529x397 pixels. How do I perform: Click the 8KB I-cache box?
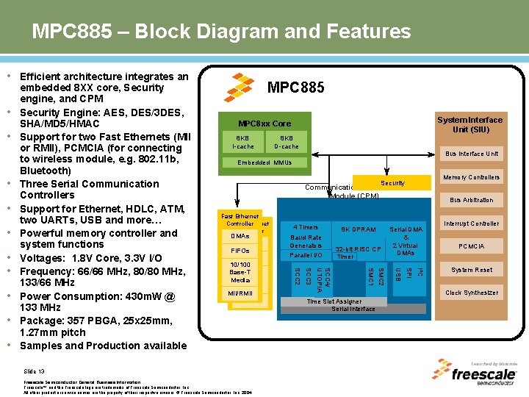tap(242, 142)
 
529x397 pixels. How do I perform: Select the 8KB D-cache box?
tap(286, 142)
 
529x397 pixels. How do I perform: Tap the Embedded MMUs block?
tap(264, 162)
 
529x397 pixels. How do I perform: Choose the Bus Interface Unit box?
tap(471, 154)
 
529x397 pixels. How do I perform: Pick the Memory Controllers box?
tap(471, 177)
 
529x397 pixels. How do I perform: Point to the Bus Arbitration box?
tap(471, 200)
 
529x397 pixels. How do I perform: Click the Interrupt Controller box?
tap(471, 223)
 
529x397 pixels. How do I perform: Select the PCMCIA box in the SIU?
tap(471, 246)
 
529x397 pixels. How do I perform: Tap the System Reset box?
tap(471, 270)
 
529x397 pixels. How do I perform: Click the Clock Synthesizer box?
tap(471, 293)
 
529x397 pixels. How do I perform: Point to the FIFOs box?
tap(240, 251)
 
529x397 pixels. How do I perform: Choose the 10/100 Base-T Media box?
tap(240, 272)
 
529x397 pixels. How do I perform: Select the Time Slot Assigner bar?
tap(334, 301)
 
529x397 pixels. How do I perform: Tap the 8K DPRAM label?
tap(358, 229)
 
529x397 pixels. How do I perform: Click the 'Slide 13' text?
tap(35, 371)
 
